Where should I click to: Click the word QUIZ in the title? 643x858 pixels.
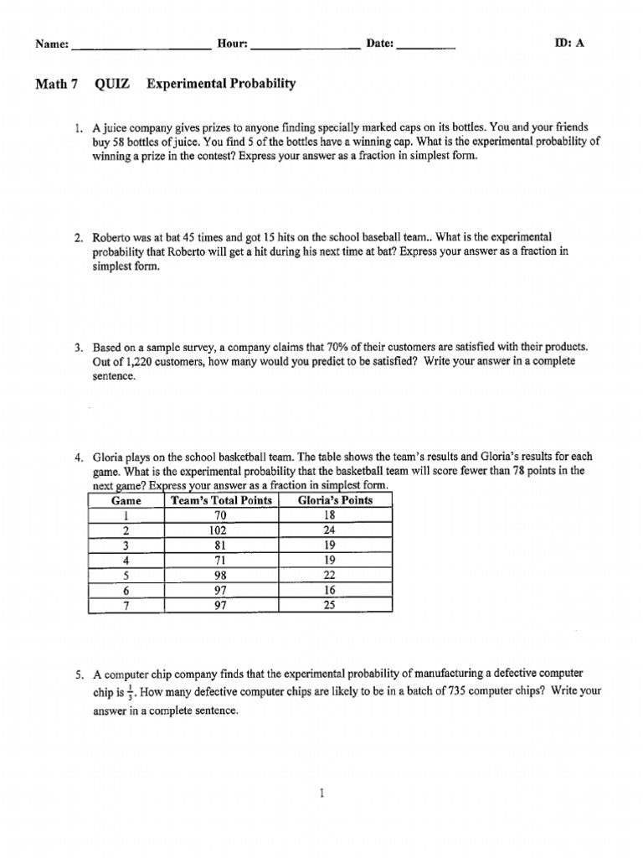pos(116,84)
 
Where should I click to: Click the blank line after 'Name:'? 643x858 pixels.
pos(141,49)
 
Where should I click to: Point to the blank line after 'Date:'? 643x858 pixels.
pos(426,49)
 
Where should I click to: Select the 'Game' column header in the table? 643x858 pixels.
pos(126,501)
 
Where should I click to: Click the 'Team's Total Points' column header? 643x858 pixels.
pos(221,501)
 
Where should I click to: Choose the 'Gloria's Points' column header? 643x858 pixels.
pos(335,501)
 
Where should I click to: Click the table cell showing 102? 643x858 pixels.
pos(221,530)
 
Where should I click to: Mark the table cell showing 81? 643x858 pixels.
pos(221,545)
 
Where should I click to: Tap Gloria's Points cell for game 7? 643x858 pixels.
pos(329,606)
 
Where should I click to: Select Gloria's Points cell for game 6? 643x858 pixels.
pos(329,591)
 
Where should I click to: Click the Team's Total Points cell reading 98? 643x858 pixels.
pos(221,576)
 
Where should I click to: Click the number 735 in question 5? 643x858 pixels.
pos(454,692)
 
